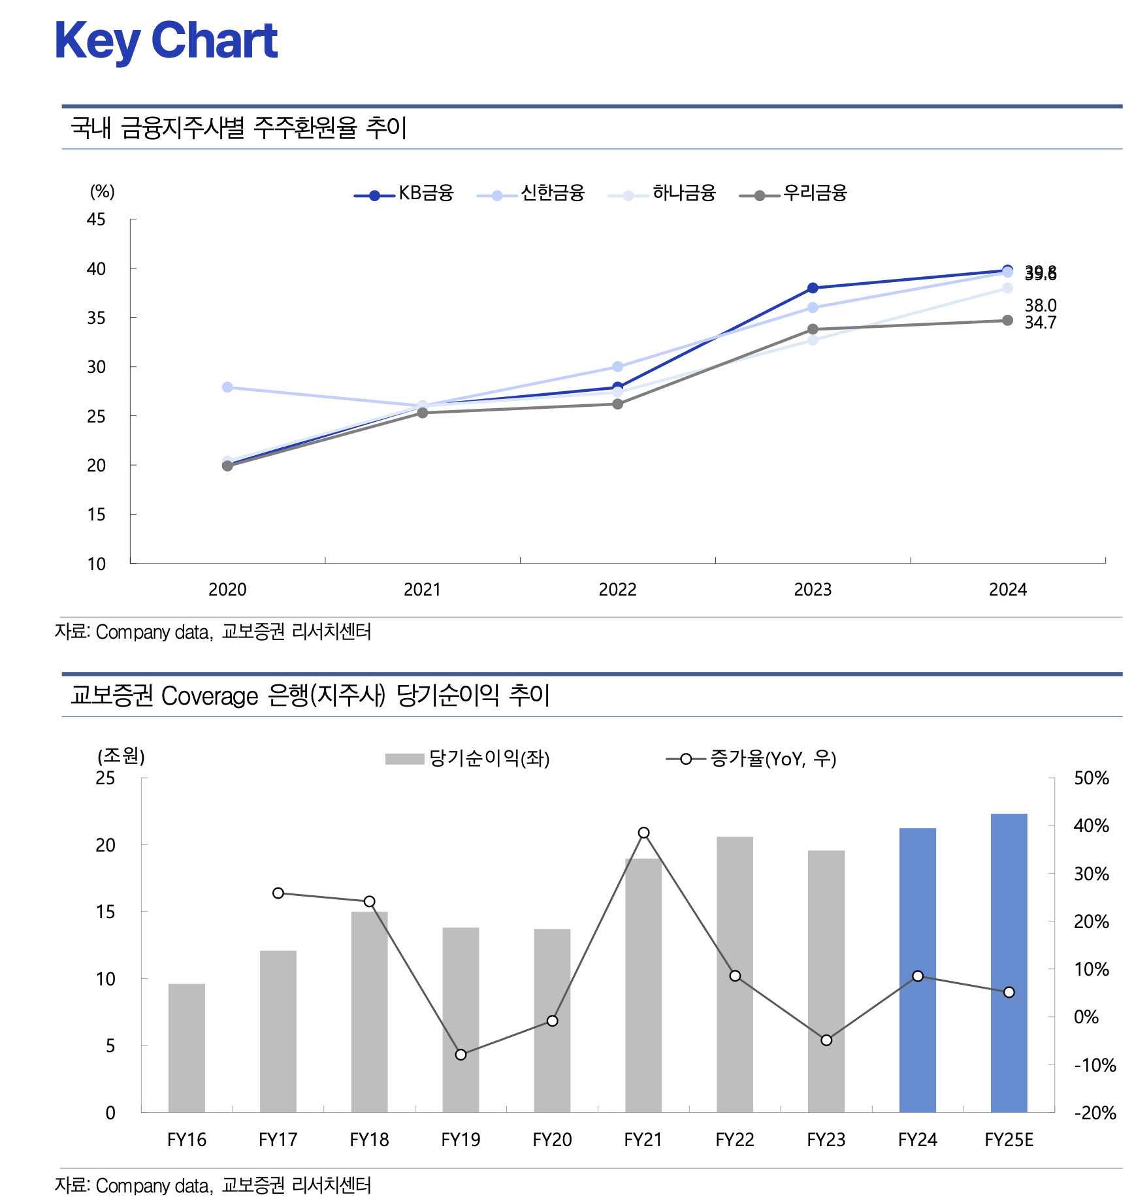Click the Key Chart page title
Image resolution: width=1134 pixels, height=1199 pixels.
(167, 40)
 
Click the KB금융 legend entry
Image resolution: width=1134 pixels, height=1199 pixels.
(404, 193)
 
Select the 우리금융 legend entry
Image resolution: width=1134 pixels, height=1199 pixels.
(793, 193)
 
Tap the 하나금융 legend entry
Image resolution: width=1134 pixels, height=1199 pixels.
(662, 193)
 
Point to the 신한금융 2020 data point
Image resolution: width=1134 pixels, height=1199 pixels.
(227, 387)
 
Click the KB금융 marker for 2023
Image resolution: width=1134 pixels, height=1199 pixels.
(813, 288)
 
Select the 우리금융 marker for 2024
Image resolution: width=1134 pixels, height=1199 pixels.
(1007, 321)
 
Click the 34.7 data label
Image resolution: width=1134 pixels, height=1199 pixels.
(1040, 323)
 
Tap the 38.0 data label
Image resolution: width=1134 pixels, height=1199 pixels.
(1040, 306)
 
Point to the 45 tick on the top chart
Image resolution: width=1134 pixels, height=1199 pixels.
(96, 219)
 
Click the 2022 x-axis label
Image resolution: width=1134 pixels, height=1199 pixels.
(617, 590)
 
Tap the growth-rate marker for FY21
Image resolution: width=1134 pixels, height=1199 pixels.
(643, 833)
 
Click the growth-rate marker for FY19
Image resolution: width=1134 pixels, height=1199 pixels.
(461, 1055)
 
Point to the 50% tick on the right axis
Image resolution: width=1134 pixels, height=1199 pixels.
(1091, 778)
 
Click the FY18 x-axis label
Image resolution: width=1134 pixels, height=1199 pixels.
(369, 1140)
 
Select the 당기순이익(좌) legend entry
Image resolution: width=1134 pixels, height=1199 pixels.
(468, 759)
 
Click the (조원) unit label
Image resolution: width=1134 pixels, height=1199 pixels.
(121, 756)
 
